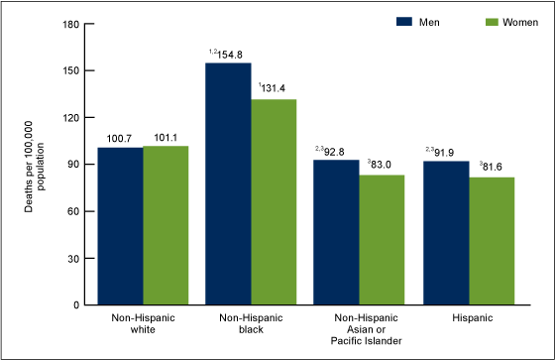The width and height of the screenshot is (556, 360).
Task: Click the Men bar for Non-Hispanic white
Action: (120, 226)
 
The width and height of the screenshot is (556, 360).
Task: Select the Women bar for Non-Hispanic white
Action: (166, 226)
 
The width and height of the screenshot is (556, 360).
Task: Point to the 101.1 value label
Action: (166, 137)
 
